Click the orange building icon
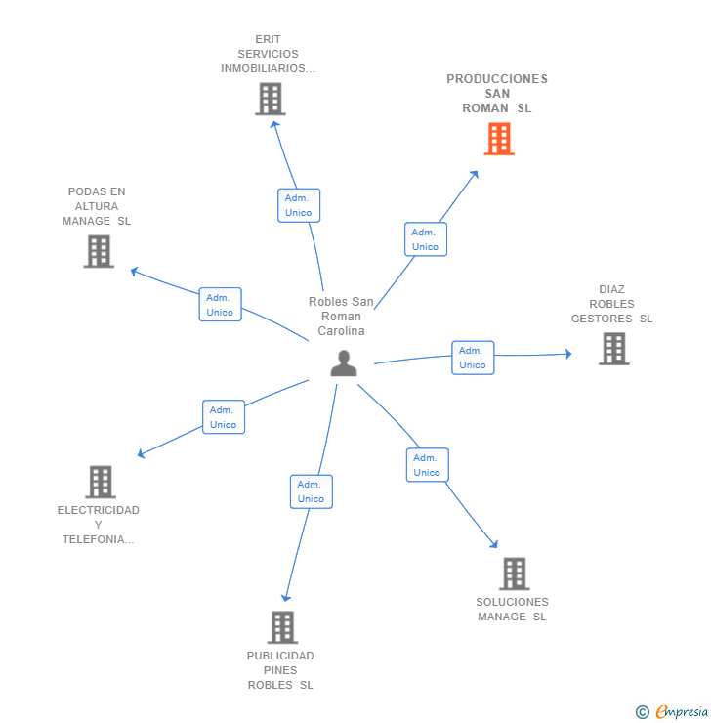499,139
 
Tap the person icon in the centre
344,363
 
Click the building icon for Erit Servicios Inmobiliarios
271,99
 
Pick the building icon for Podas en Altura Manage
99,251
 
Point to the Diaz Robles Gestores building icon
613,349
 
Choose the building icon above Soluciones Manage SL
515,574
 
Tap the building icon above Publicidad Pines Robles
282,627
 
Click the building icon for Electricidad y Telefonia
101,482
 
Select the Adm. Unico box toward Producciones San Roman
426,239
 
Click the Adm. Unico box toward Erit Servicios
299,205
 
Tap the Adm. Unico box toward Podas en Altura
221,305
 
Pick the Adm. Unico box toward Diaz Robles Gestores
473,358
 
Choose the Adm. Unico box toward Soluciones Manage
427,465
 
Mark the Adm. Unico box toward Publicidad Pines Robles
311,491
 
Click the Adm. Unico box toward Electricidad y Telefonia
224,417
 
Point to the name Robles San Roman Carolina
341,317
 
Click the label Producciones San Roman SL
497,94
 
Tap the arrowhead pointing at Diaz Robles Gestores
568,354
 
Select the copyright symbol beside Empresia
643,712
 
